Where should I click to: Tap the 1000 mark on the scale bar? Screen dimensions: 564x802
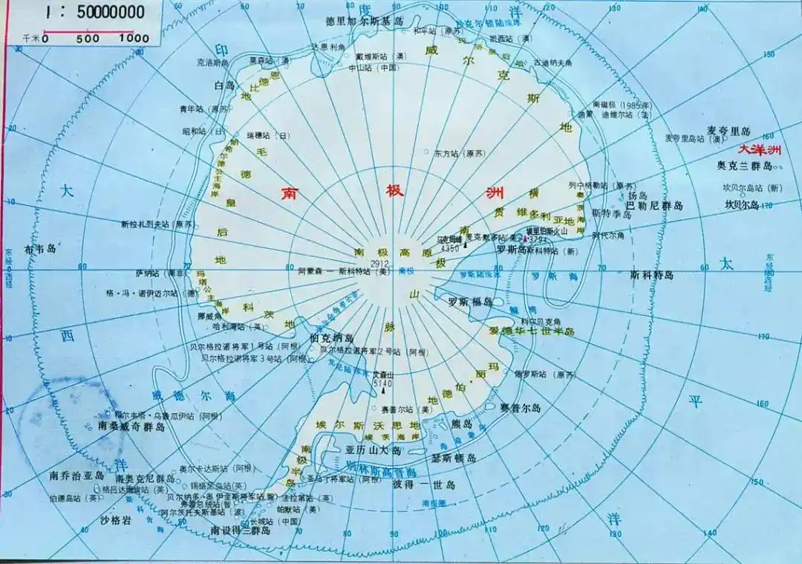[134, 38]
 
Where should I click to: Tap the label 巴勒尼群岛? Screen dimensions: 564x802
[653, 204]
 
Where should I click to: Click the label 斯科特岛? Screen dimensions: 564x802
[651, 275]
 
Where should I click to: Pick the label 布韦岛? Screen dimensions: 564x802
[40, 249]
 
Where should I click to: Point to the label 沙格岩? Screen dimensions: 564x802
[115, 520]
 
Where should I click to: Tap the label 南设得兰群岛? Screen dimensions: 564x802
[239, 531]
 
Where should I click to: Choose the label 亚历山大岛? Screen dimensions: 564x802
[374, 451]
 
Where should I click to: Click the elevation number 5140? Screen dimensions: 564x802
[382, 383]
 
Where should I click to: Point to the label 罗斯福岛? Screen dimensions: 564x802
[471, 302]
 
